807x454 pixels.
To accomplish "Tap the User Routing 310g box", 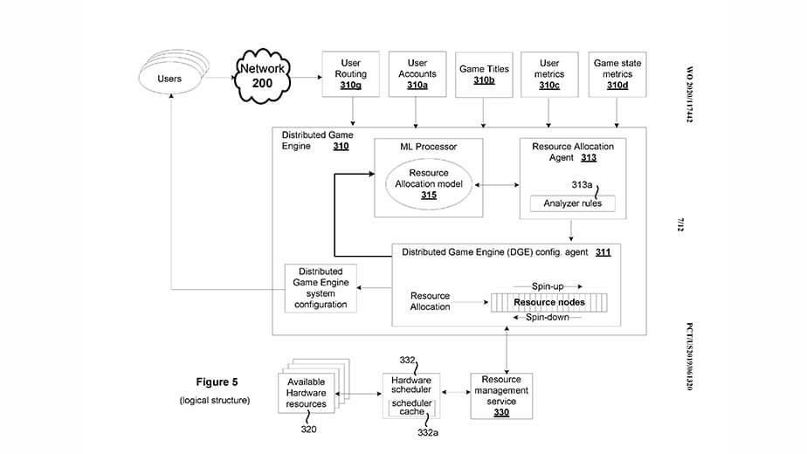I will (x=351, y=74).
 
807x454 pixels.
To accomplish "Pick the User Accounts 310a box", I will (x=417, y=74).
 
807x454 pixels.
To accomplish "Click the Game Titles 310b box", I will (x=483, y=74).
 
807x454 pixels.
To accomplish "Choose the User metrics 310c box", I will (x=549, y=74).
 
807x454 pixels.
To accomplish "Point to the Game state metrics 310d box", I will (x=617, y=74).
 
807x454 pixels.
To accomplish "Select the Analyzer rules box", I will (x=572, y=204).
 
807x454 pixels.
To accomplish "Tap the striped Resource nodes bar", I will (x=549, y=301).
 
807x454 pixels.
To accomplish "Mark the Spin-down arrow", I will (x=548, y=318).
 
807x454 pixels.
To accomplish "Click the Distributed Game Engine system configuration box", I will (x=321, y=288).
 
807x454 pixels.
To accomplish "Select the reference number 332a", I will (x=428, y=433).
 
